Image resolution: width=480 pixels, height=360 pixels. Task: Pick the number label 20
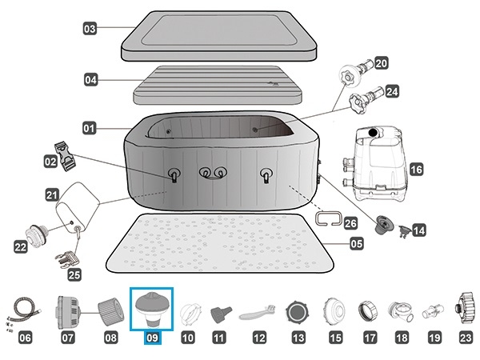tap(381, 62)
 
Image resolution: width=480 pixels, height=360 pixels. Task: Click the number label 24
tap(392, 92)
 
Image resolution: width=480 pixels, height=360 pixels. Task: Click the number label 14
tap(418, 230)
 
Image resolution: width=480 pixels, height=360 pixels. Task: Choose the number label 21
tap(52, 194)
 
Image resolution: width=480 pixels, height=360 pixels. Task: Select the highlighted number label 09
tap(153, 338)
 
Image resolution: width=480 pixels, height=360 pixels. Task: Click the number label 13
tap(298, 338)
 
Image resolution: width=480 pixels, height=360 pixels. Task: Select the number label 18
tap(401, 338)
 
